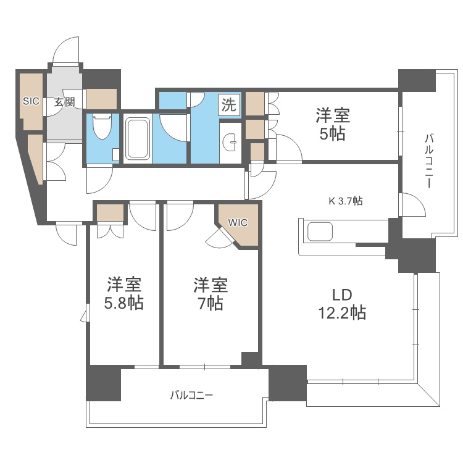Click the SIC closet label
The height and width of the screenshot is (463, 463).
[31, 101]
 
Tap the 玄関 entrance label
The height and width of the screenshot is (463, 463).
[64, 102]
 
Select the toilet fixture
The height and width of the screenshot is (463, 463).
[102, 127]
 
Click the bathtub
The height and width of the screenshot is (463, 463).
[138, 138]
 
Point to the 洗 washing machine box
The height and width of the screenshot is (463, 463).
[229, 104]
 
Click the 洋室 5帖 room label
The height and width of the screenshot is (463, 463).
[333, 124]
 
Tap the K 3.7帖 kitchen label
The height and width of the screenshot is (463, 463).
[346, 201]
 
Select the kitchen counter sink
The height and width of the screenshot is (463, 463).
[320, 231]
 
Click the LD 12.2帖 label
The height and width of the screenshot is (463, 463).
[342, 304]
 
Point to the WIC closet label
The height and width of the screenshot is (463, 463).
[238, 223]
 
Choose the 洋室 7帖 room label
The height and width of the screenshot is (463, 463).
[211, 293]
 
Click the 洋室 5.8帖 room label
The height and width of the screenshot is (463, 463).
[124, 293]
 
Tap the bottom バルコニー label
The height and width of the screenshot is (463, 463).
[191, 395]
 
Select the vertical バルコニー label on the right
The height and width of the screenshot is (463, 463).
[429, 161]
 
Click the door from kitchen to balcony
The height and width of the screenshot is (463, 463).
[412, 204]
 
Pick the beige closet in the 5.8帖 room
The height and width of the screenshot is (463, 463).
[110, 212]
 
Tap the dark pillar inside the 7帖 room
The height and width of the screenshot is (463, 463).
[250, 359]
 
